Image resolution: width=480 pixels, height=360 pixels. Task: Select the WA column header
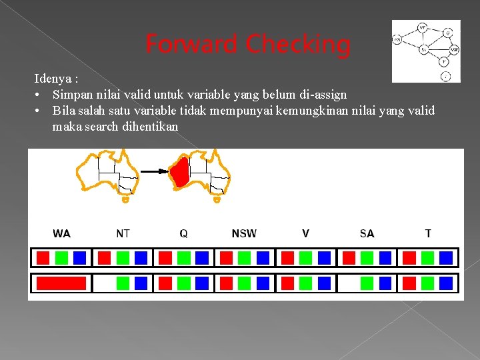tap(62, 233)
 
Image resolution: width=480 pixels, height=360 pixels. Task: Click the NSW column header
tap(244, 233)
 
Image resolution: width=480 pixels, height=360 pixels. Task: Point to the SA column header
tap(367, 233)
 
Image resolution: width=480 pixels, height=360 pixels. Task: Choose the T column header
tap(428, 233)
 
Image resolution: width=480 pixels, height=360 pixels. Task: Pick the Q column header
tap(183, 233)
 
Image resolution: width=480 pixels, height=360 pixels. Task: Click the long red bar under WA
tap(61, 283)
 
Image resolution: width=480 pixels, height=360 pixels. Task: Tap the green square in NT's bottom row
tap(123, 283)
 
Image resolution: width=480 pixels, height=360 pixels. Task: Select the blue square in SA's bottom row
tap(385, 283)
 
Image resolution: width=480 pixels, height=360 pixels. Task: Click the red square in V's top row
tap(287, 258)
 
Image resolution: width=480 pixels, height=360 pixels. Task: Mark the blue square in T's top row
tap(446, 258)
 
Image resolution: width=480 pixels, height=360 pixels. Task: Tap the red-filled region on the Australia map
tap(179, 173)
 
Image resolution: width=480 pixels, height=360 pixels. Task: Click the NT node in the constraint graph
tap(423, 28)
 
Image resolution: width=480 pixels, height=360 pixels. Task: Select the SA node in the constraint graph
tap(424, 49)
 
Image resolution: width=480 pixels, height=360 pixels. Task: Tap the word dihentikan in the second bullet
tap(150, 127)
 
